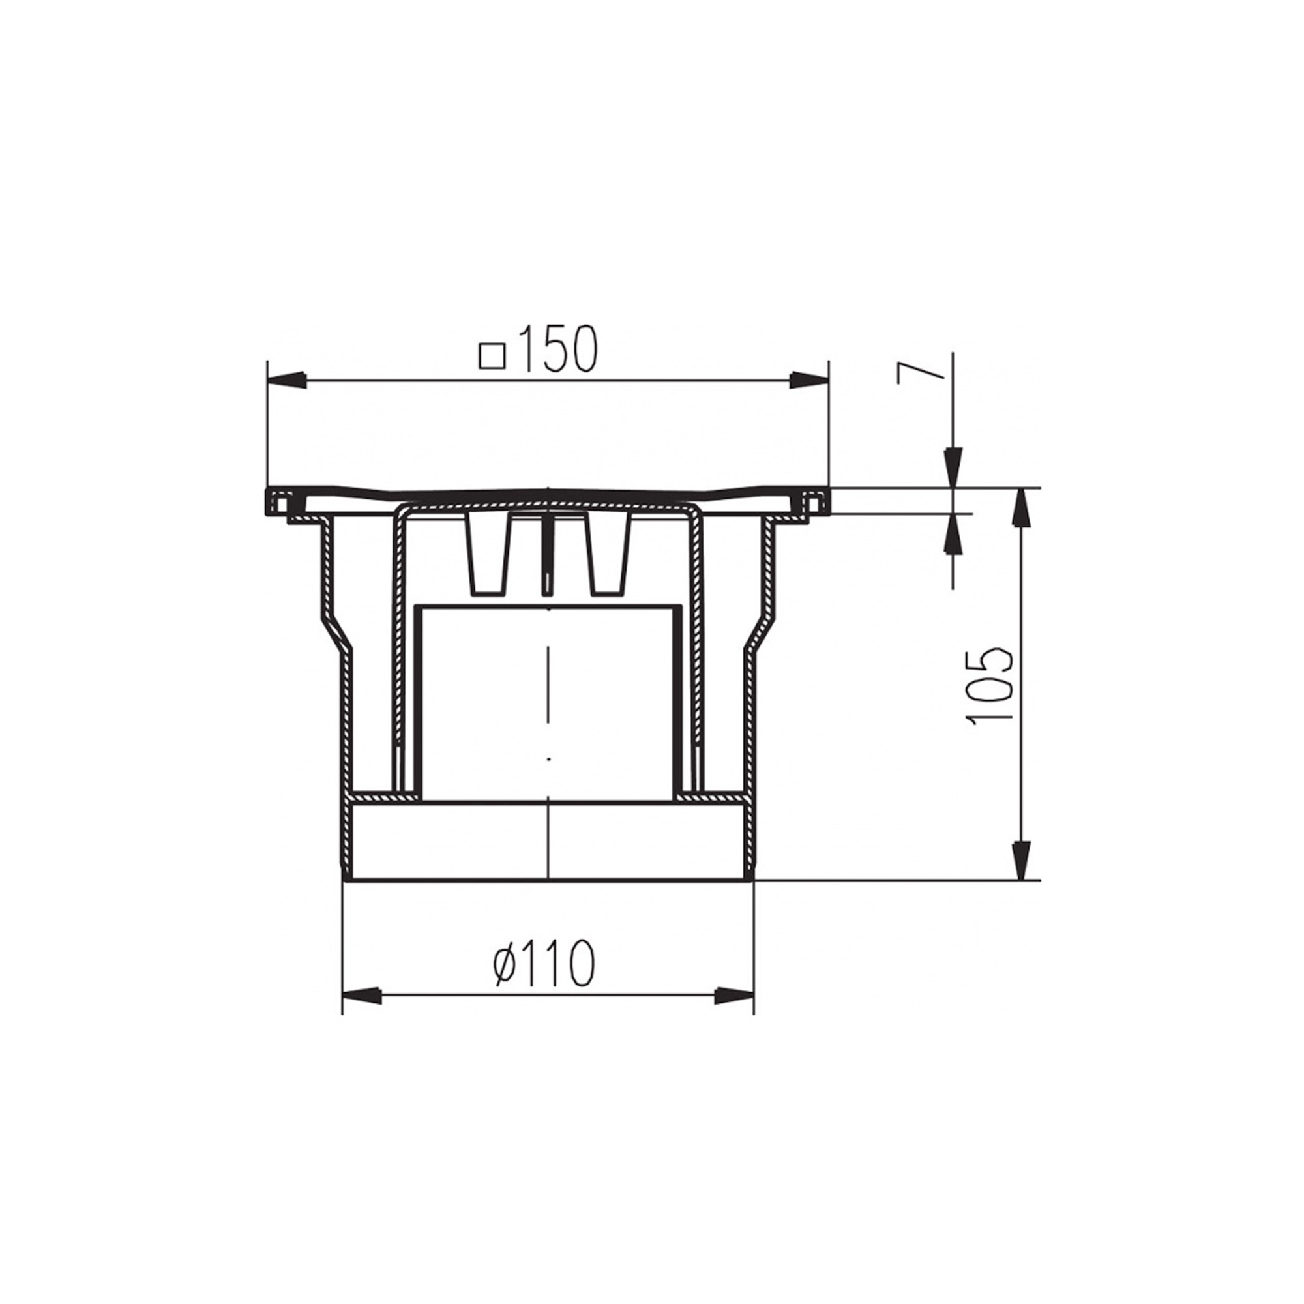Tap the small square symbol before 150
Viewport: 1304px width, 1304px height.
pos(492,356)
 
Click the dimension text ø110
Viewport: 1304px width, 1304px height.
pos(544,962)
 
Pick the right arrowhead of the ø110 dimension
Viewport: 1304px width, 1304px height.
pos(733,994)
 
